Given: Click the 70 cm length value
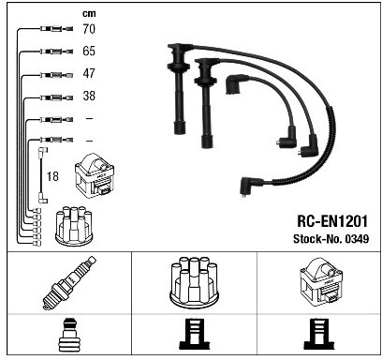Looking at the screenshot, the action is pos(89,29).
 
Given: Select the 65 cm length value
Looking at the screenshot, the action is pos(89,51).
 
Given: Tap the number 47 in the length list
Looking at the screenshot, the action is pos(89,73).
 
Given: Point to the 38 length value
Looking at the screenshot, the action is pos(89,96).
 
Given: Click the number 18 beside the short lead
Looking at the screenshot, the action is pos(52,176).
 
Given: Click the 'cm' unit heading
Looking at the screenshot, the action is pos(89,14).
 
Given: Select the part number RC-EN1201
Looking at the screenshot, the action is pos(332,221).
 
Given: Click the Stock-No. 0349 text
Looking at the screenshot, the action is pos(331,239).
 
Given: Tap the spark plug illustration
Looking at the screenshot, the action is pos(69,283).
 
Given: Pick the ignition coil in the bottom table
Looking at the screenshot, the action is pos(320,280).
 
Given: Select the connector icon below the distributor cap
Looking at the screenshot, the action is pos(194,334).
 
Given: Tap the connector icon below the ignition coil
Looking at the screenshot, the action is pos(318,334).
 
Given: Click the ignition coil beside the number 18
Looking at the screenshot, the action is pos(95,176).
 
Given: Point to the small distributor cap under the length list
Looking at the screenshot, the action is pos(74,226).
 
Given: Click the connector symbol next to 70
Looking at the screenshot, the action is pos(56,29).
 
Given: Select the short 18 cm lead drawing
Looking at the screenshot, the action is pos(42,175).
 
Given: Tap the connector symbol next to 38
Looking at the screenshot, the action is pos(56,97).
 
